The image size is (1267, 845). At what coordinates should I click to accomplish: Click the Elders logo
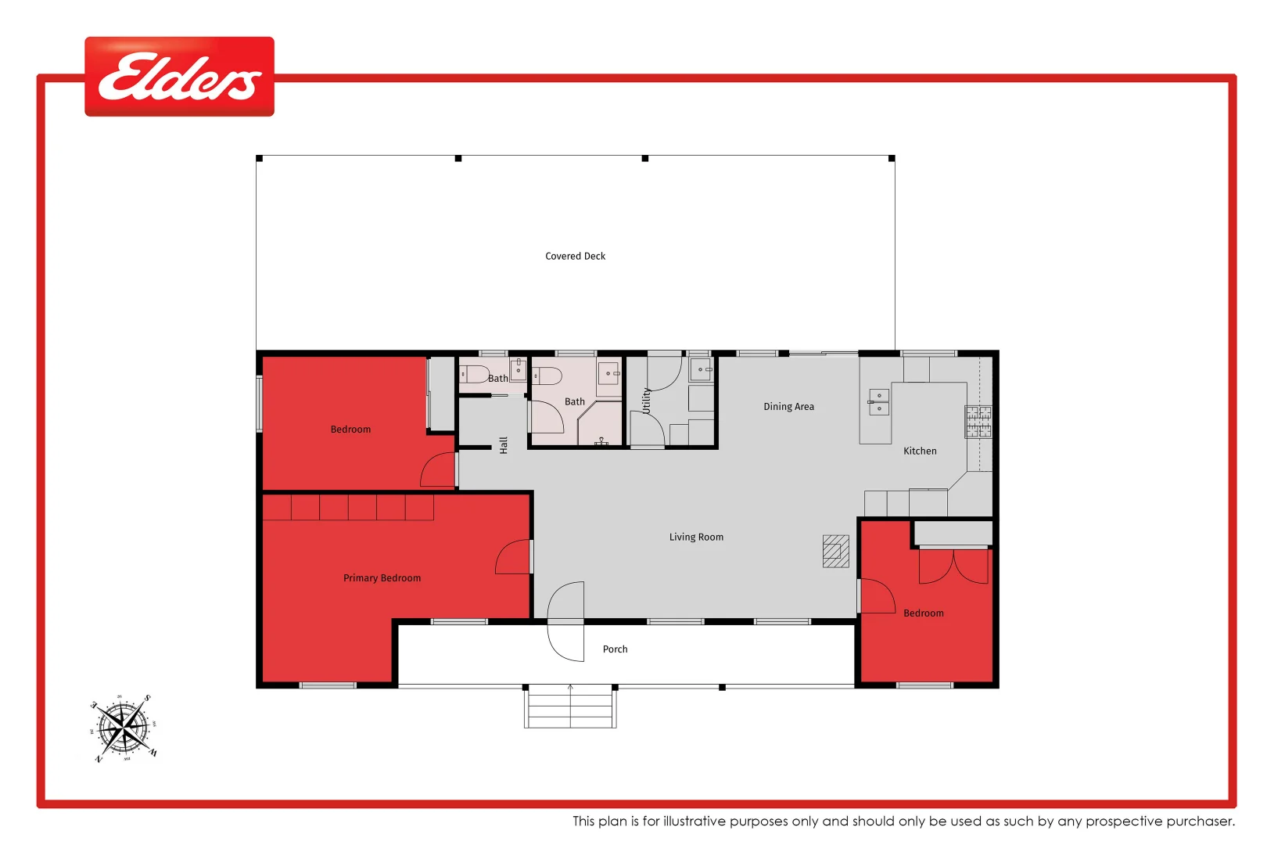(x=179, y=77)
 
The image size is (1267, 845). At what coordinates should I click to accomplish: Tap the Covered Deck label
(x=575, y=256)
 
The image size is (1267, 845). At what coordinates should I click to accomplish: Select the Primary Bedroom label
(x=382, y=578)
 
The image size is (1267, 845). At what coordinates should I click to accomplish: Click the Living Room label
(x=696, y=537)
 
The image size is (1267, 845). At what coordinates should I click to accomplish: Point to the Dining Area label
(x=788, y=406)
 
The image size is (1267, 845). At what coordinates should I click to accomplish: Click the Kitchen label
(x=920, y=451)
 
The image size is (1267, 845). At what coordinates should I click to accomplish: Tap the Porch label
(x=615, y=649)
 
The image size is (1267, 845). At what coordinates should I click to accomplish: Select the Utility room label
(x=646, y=400)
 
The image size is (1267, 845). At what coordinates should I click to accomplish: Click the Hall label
(x=504, y=445)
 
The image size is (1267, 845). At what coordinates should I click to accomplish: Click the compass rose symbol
(x=124, y=728)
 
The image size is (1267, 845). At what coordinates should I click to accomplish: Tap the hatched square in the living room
(x=835, y=551)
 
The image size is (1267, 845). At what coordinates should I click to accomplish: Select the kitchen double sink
(x=879, y=402)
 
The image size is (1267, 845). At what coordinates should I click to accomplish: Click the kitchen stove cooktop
(x=978, y=421)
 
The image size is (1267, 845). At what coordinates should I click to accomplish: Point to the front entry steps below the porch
(x=570, y=707)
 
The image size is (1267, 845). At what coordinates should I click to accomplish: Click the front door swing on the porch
(x=566, y=622)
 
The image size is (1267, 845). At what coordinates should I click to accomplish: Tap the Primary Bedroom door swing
(x=514, y=557)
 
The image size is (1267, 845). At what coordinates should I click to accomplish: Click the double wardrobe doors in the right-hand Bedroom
(x=953, y=566)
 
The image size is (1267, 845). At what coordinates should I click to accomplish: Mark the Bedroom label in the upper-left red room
(x=350, y=430)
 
